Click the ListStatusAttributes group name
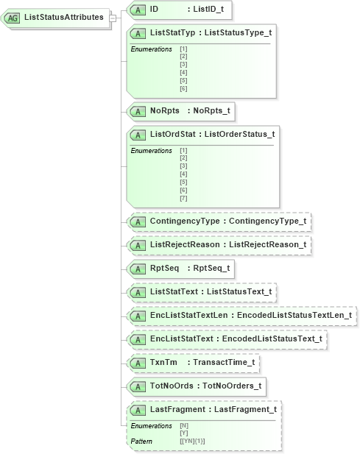click(64, 17)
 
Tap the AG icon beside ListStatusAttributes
click(13, 17)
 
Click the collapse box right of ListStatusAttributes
click(113, 17)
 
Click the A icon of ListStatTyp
click(138, 33)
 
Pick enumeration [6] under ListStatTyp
click(183, 89)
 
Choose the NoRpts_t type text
click(211, 111)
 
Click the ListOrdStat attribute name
click(172, 134)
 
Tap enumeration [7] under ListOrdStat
click(183, 198)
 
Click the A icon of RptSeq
click(138, 268)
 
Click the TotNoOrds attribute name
click(172, 386)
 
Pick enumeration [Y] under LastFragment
click(183, 433)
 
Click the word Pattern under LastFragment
click(141, 441)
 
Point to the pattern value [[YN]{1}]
click(194, 441)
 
